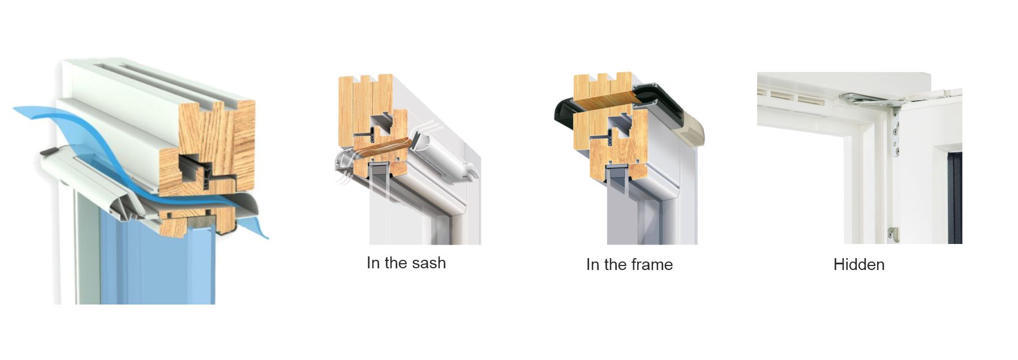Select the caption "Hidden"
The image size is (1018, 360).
click(859, 264)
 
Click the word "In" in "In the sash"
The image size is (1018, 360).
click(373, 263)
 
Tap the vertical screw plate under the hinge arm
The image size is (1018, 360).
click(896, 133)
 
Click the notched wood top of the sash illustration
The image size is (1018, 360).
click(366, 91)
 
